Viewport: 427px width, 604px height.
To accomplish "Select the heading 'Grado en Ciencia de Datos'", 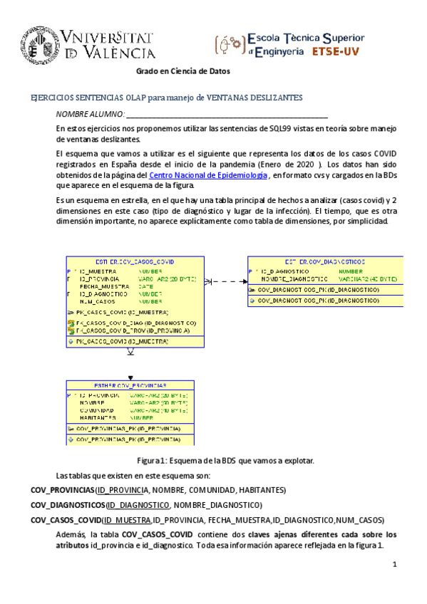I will [x=183, y=71].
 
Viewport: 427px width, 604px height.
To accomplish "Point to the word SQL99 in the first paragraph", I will [x=278, y=128].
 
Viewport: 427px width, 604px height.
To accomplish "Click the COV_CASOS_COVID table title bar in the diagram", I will [x=129, y=262].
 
